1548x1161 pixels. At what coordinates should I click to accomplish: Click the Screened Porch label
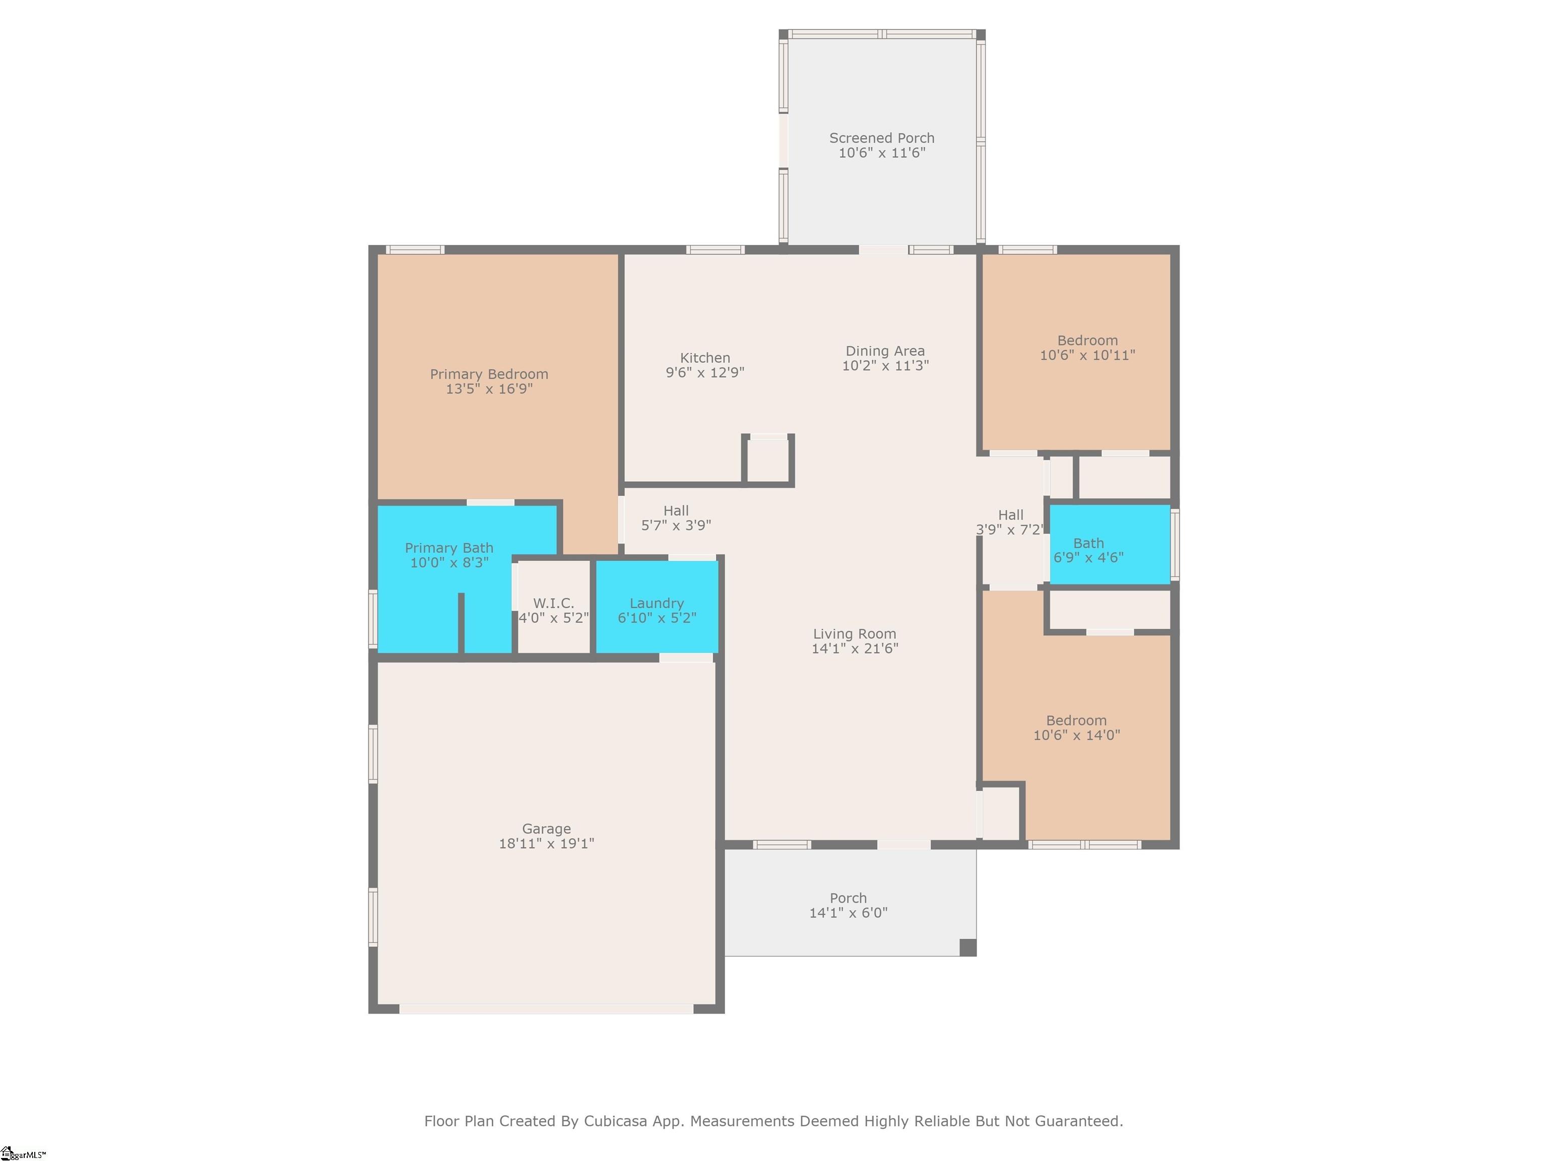tap(882, 138)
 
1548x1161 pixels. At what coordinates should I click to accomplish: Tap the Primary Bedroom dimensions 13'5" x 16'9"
tap(489, 389)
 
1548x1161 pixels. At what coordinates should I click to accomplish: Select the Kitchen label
tap(705, 358)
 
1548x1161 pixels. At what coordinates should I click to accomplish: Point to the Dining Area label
tap(885, 351)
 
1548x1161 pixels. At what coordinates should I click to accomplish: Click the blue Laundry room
tap(657, 607)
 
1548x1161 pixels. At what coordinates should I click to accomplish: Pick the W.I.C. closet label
tap(554, 603)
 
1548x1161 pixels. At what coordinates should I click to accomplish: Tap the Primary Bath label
tap(449, 548)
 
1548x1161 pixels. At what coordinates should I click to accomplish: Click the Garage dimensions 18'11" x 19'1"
tap(547, 843)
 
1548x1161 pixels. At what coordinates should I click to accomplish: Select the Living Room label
tap(855, 633)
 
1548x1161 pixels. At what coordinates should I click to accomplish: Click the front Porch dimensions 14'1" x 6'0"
tap(848, 913)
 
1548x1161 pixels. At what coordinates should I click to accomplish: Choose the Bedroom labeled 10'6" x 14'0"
tap(1076, 728)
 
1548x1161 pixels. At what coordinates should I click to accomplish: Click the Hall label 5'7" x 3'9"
tap(676, 518)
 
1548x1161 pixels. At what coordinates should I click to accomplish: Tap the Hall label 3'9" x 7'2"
tap(1010, 522)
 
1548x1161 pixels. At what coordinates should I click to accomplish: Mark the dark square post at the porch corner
tap(968, 947)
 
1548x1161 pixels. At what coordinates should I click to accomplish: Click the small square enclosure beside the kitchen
tap(768, 460)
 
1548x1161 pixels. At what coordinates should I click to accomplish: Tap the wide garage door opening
tap(547, 1008)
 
